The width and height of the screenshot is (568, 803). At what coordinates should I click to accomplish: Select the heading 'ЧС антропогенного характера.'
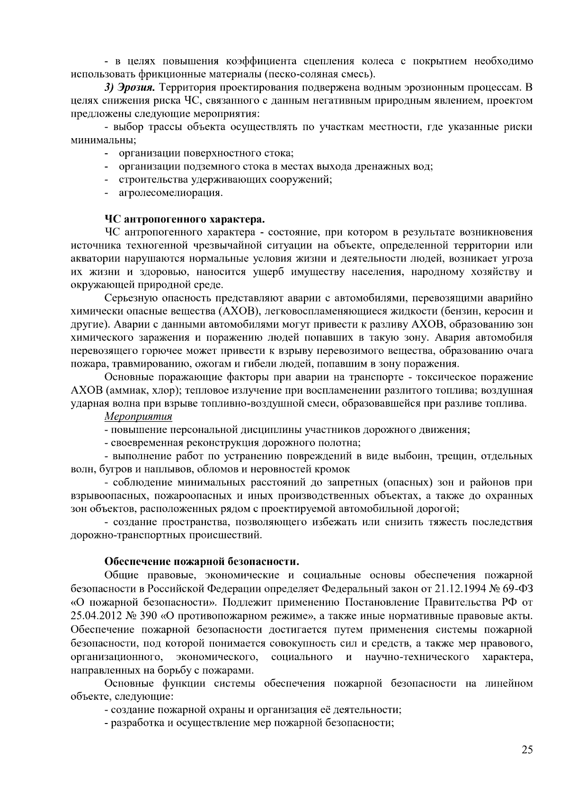(185, 220)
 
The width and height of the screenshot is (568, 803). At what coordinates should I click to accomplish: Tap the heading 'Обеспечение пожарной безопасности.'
(202, 562)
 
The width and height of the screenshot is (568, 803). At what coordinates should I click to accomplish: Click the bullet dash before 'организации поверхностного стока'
(107, 153)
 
